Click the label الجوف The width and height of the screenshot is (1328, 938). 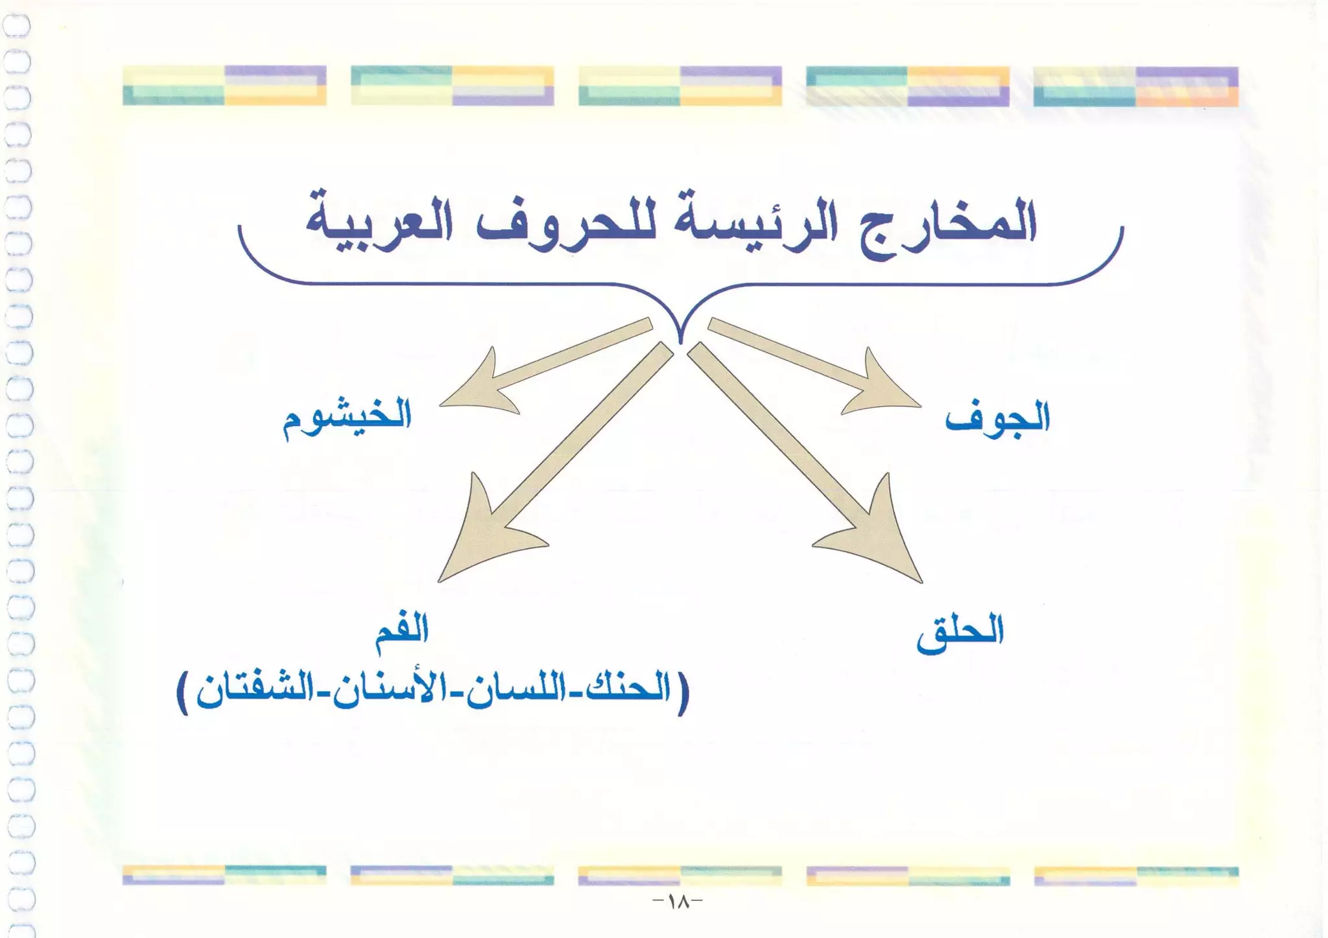[997, 418]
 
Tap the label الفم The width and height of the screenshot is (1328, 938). [402, 629]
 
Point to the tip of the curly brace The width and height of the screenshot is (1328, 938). [680, 340]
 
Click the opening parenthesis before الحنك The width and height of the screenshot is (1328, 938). [683, 694]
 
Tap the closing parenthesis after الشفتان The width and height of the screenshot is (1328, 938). [184, 694]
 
